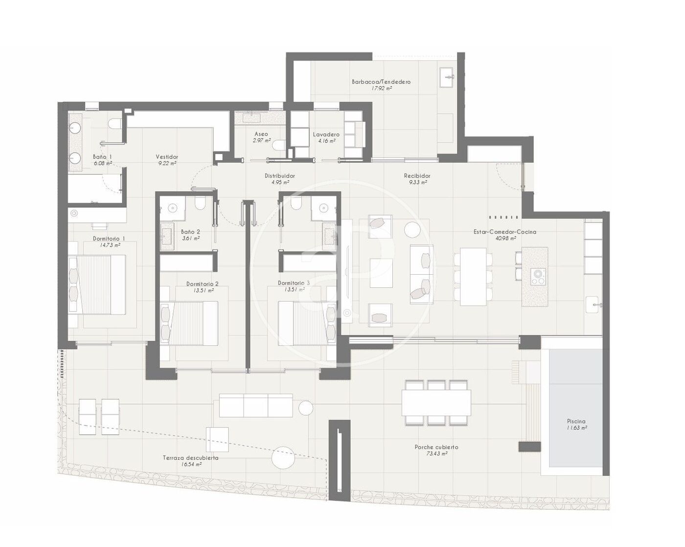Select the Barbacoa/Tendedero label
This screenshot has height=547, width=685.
tap(381, 82)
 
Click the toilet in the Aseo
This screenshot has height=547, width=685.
tap(279, 145)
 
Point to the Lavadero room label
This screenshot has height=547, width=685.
tap(326, 135)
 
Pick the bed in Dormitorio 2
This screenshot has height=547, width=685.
tap(189, 323)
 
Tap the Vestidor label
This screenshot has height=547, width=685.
tap(167, 157)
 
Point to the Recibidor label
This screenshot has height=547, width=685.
tap(417, 175)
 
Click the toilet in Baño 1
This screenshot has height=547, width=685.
tap(115, 123)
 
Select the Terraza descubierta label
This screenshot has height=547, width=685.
tap(190, 458)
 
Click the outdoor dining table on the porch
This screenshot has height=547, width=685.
tap(436, 403)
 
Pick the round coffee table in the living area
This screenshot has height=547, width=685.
tap(412, 229)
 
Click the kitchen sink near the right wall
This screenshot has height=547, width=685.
tap(594, 305)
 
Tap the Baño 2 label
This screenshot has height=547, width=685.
tap(190, 232)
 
